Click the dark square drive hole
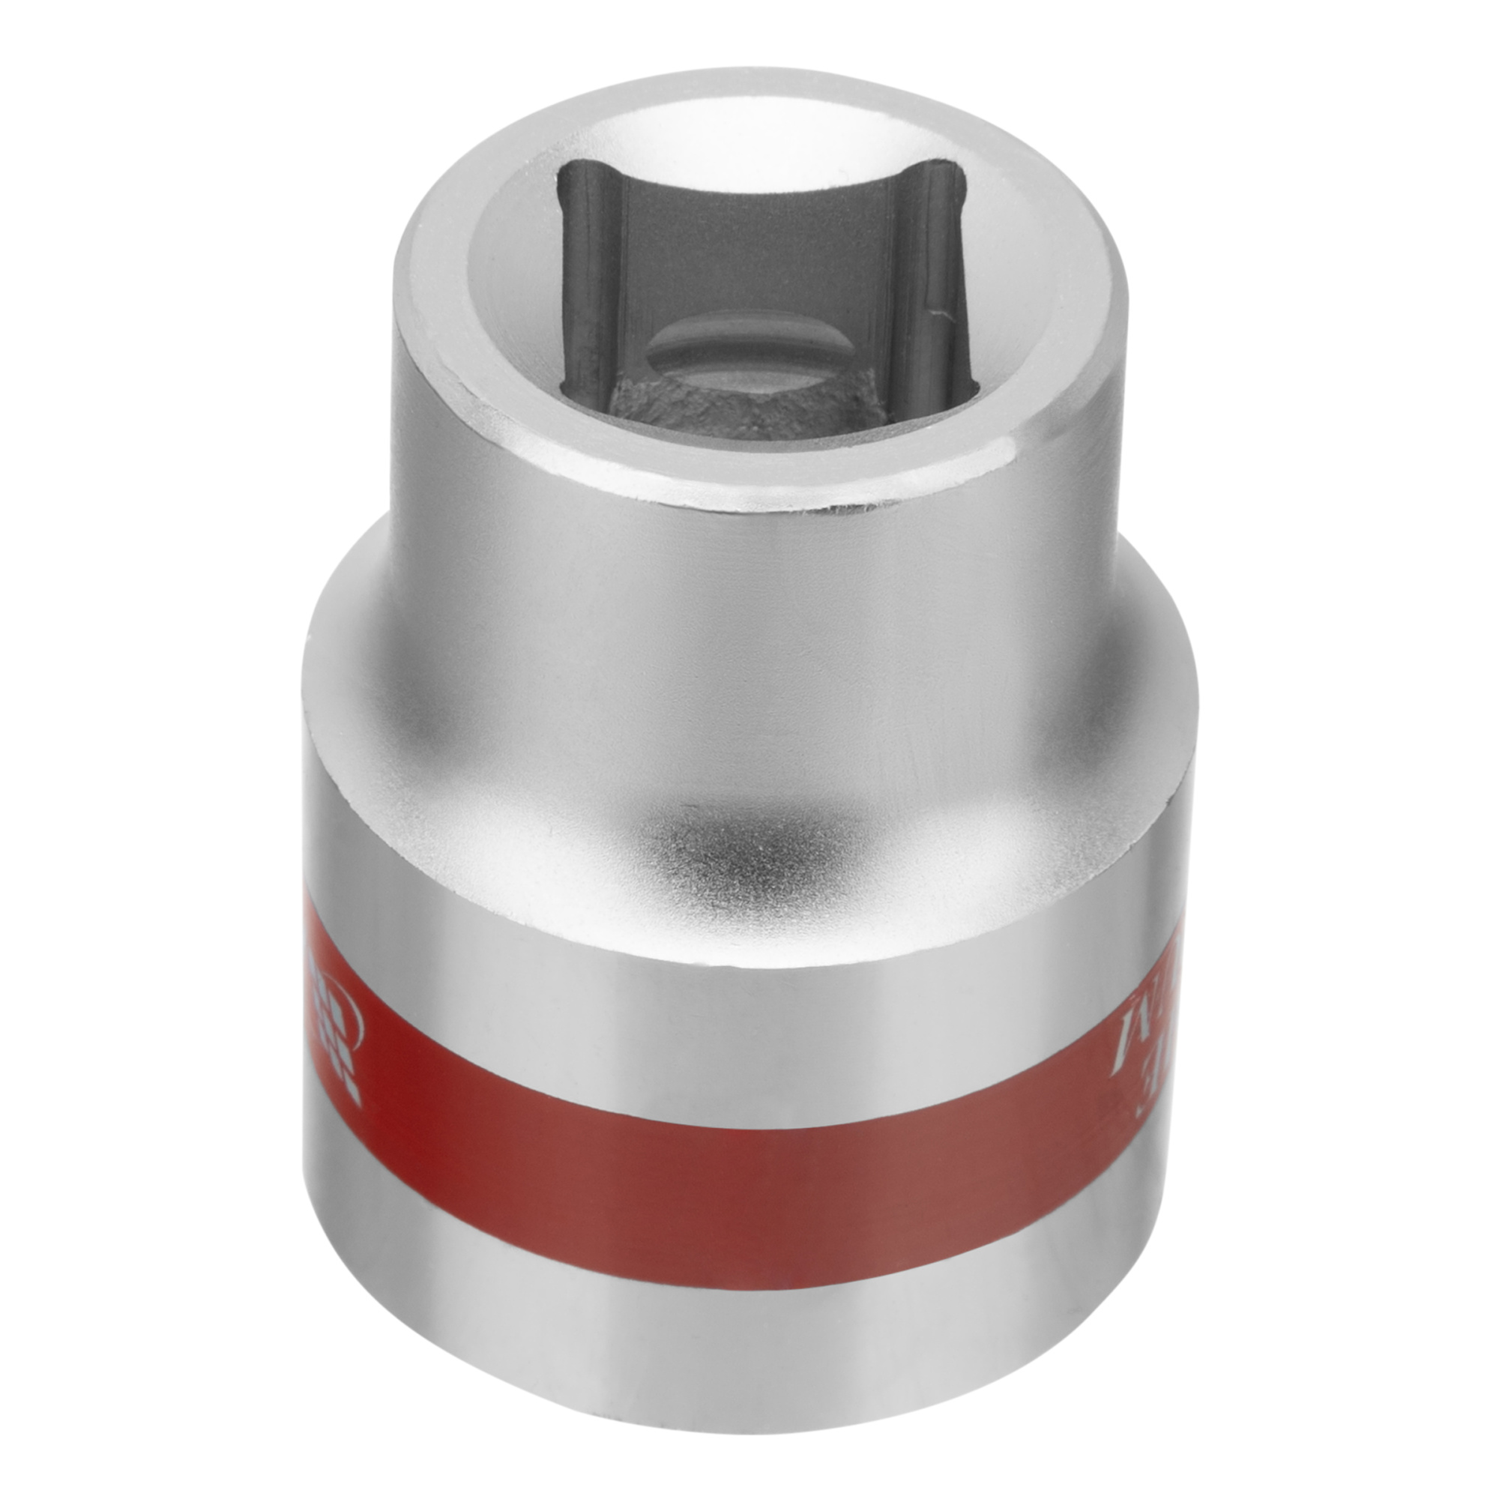point(764,295)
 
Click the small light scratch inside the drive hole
point(942,313)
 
